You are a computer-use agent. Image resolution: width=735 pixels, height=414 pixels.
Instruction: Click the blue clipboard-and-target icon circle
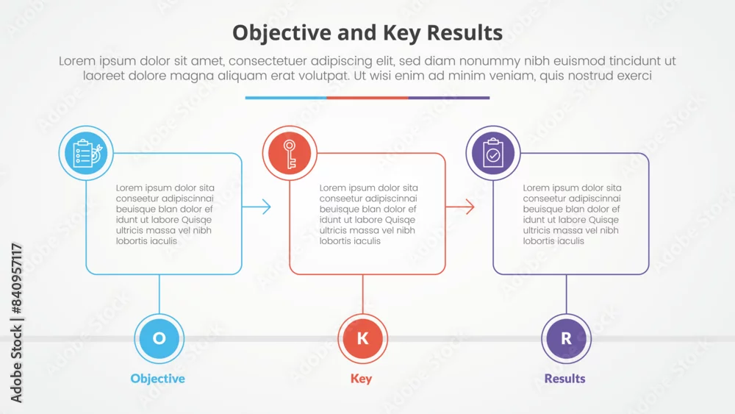(x=86, y=153)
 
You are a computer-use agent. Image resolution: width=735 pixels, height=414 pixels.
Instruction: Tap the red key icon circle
(x=290, y=153)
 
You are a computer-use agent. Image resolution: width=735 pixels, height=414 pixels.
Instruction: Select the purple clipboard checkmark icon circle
(x=493, y=153)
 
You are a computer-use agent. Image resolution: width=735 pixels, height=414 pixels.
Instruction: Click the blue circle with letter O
(x=159, y=338)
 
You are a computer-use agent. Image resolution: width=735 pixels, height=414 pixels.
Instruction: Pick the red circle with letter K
(x=363, y=338)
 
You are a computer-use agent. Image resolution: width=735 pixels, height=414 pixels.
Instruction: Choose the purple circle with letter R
(x=566, y=338)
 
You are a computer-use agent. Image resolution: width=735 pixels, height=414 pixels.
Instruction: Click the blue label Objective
(x=157, y=379)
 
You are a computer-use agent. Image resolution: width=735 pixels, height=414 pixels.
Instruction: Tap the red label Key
(x=361, y=379)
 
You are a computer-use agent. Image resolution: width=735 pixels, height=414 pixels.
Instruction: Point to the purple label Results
(x=564, y=379)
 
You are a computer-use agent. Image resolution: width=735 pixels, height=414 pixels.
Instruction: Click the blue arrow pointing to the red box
(x=257, y=207)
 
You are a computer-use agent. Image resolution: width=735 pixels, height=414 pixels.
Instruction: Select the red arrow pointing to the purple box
(x=460, y=207)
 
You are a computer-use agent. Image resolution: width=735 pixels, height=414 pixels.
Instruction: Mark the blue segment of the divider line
(x=286, y=98)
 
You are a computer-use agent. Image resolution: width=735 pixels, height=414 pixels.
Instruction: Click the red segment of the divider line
(x=367, y=98)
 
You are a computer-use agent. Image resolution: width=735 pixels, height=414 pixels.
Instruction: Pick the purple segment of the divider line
(x=449, y=98)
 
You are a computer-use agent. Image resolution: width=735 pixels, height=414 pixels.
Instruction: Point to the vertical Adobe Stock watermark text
(x=16, y=323)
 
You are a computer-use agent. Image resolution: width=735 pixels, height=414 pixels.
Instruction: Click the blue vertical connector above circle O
(x=159, y=294)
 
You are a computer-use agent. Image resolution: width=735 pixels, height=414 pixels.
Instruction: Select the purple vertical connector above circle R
(x=566, y=294)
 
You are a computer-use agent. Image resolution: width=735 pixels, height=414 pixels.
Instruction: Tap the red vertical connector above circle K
(x=363, y=294)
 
